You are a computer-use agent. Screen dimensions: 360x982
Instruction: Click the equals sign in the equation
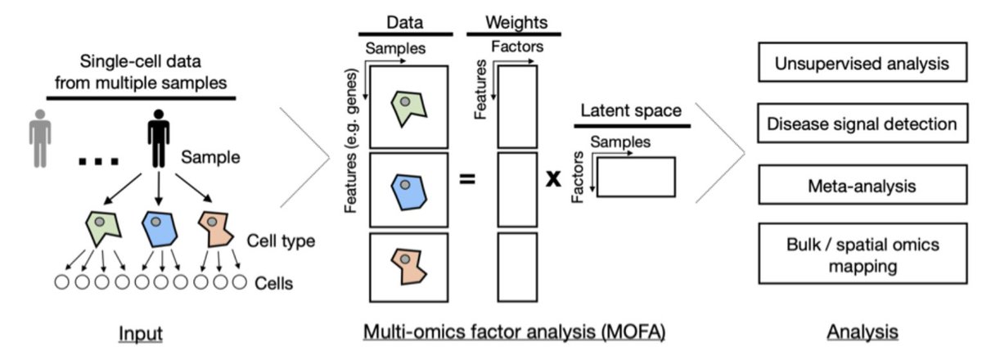(x=467, y=178)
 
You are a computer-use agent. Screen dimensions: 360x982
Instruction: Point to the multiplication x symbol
(x=554, y=178)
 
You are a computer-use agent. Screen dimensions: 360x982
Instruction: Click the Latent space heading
(x=631, y=110)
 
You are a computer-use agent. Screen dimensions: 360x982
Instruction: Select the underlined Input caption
(x=141, y=333)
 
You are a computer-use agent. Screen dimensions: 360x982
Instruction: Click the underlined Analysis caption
(x=862, y=333)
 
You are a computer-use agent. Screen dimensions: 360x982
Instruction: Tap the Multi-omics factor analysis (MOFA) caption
(x=514, y=333)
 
